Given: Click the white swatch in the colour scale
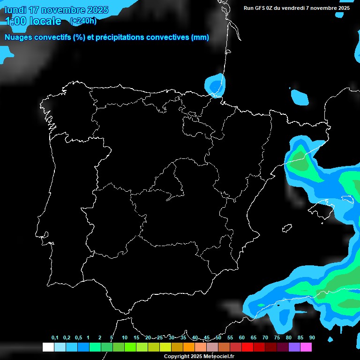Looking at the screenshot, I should pyautogui.click(x=48, y=347).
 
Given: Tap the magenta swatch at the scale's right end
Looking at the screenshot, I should pyautogui.click(x=306, y=347).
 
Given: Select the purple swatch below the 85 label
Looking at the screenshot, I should pyautogui.click(x=294, y=347).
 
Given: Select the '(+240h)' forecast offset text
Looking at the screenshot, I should pyautogui.click(x=83, y=21).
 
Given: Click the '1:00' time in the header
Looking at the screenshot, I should pyautogui.click(x=17, y=21).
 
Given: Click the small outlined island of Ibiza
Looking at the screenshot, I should pyautogui.click(x=287, y=228).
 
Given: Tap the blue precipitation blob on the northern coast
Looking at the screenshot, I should pyautogui.click(x=215, y=85).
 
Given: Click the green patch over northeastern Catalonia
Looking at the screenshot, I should pyautogui.click(x=299, y=162).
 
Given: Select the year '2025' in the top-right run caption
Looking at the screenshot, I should pyautogui.click(x=344, y=8).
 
